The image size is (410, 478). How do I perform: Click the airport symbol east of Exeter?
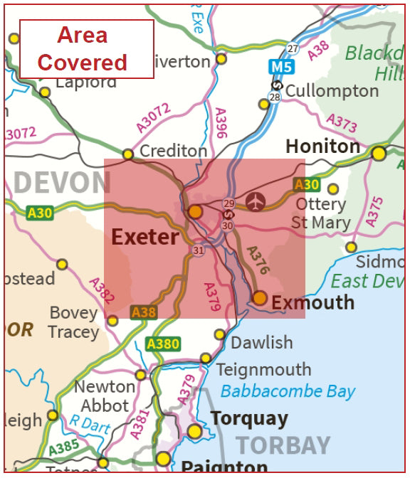tap(255, 202)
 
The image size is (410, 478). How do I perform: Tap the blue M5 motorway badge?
tap(281, 68)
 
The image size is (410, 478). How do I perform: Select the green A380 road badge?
tap(162, 344)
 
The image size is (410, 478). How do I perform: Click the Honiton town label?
tap(322, 147)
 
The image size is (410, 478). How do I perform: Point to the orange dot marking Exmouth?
tap(260, 298)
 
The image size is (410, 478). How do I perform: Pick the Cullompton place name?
tap(332, 91)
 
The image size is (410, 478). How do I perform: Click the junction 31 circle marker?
tap(197, 250)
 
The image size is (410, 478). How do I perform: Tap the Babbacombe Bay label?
tap(288, 391)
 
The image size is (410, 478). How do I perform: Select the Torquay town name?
tap(249, 418)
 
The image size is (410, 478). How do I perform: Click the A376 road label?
tap(258, 260)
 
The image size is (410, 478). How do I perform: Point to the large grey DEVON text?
tap(62, 184)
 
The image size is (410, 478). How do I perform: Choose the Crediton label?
tap(173, 152)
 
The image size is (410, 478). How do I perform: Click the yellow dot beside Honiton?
tap(379, 154)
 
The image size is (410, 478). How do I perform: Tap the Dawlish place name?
tap(261, 342)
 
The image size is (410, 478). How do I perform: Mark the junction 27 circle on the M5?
tap(293, 48)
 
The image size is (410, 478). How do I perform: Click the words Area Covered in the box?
tap(83, 48)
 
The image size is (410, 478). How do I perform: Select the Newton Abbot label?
tap(105, 396)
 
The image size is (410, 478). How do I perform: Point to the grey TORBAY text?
tap(283, 445)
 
